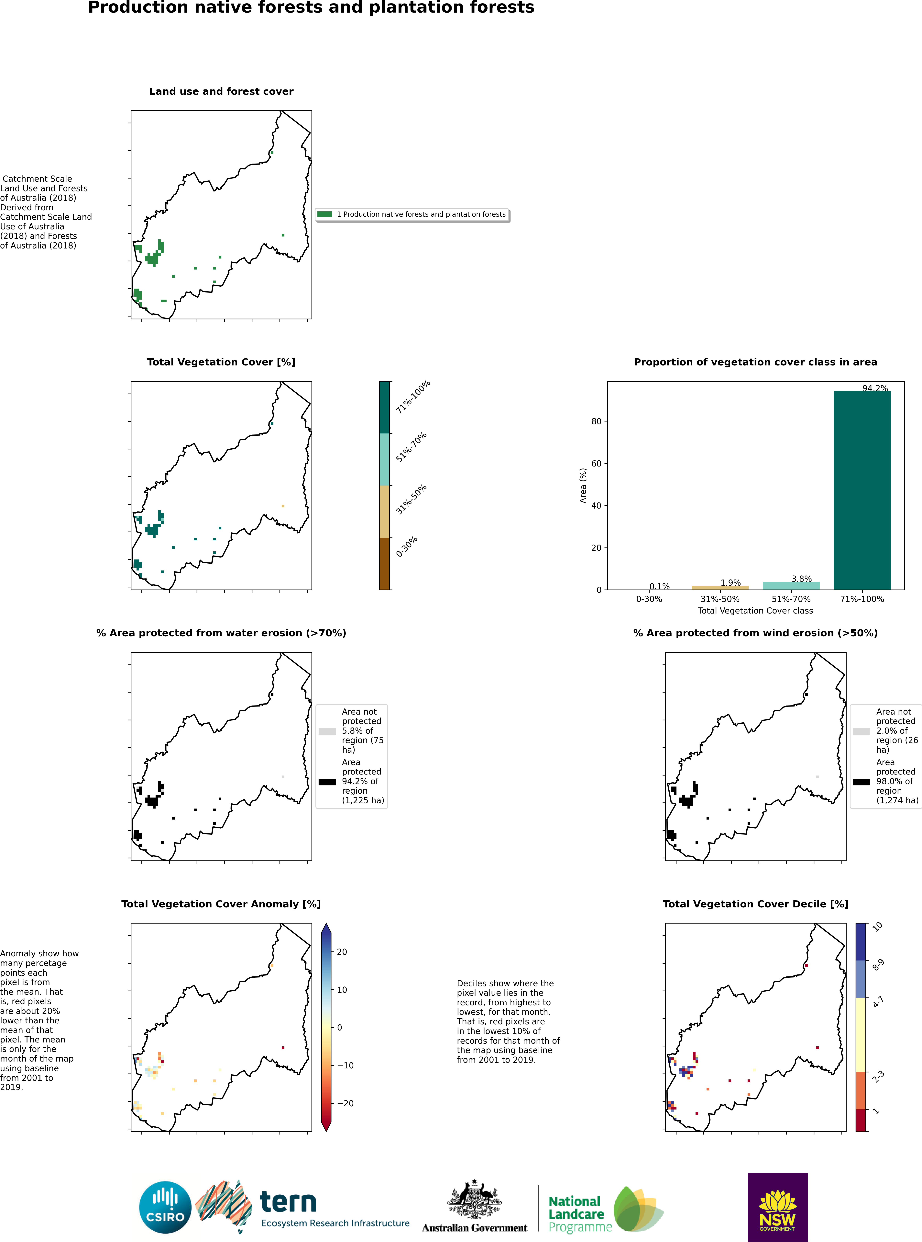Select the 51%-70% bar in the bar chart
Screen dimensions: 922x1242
[791, 586]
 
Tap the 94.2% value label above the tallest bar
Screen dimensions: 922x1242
[875, 388]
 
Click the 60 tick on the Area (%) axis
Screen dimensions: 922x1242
[597, 464]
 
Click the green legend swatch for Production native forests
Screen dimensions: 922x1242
[324, 214]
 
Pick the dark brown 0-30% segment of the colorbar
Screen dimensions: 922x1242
[385, 563]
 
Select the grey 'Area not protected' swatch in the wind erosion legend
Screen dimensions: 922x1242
[861, 731]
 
